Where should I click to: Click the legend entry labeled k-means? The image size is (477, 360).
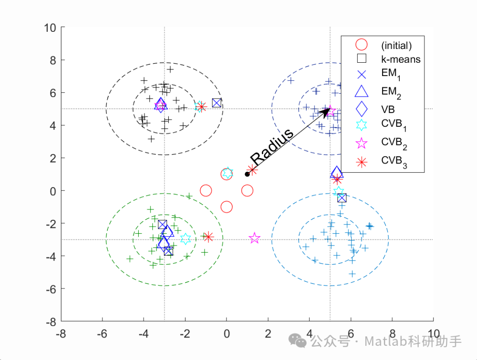401,59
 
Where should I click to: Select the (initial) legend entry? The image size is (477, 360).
396,45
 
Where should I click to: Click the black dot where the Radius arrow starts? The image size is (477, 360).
247,174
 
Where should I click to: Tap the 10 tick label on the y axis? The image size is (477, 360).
50,27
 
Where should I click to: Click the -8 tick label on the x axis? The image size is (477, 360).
61,333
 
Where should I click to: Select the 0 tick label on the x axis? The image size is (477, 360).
227,333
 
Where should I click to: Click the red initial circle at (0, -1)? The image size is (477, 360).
227,207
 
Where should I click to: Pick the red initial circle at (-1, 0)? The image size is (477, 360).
206,191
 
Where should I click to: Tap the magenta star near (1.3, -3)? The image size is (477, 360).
254,239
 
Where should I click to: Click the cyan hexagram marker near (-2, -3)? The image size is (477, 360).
185,239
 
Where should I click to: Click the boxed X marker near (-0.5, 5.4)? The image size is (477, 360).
216,103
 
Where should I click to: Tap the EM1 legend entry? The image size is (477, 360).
390,76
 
